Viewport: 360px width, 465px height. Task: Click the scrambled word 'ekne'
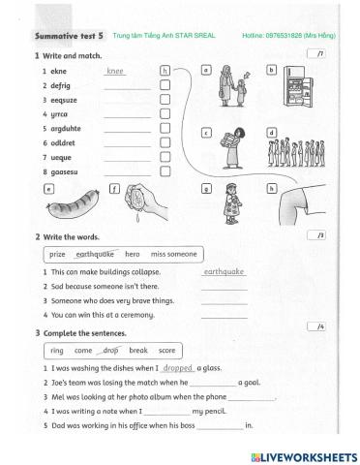point(61,71)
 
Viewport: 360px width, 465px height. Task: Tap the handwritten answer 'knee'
point(116,71)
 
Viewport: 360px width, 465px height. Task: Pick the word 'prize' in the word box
point(57,254)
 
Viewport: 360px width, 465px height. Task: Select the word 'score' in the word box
point(166,350)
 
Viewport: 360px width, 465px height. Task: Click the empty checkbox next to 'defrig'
point(165,85)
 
